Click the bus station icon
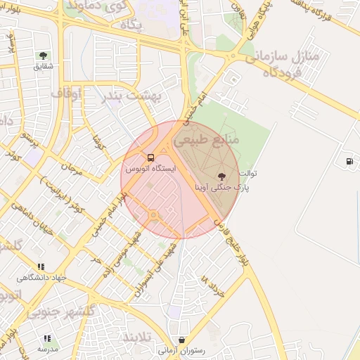(x=150, y=157)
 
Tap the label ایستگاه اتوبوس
(x=150, y=169)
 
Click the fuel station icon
(x=349, y=161)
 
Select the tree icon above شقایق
(x=44, y=55)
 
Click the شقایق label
(x=44, y=66)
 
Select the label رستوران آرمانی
(x=182, y=350)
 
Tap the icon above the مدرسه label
(x=47, y=338)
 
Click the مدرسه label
(x=47, y=349)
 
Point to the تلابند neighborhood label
(x=138, y=338)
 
